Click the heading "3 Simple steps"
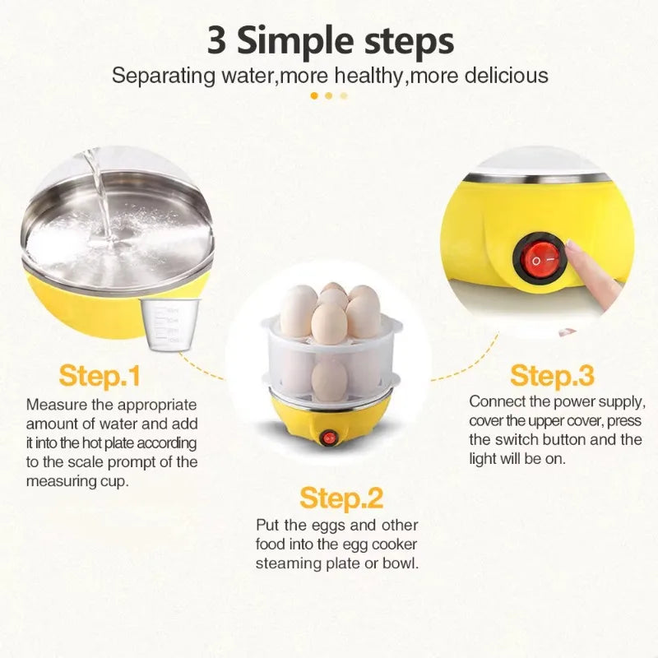[329, 40]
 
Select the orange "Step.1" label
[100, 376]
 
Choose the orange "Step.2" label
[341, 498]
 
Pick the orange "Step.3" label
[552, 376]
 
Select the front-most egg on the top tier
[329, 323]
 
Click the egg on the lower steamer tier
[329, 379]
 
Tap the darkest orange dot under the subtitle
[313, 95]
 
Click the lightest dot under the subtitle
[344, 95]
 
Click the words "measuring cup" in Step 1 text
[77, 481]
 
